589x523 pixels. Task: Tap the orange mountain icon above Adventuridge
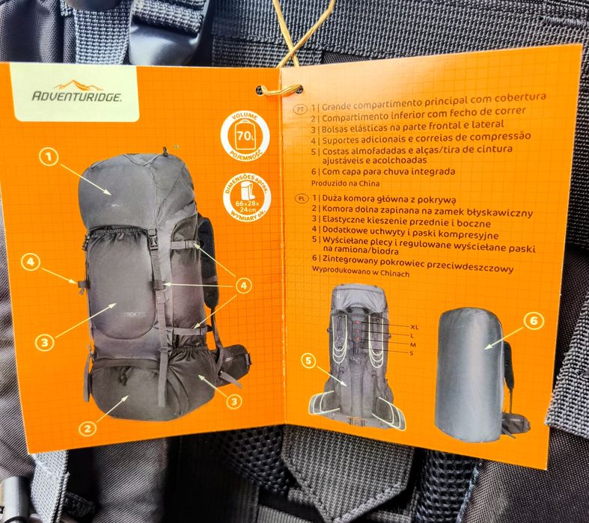point(79,85)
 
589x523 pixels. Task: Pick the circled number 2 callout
point(88,428)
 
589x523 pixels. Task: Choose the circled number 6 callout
point(533,322)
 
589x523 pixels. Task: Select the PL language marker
point(301,200)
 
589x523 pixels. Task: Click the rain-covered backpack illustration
point(472,373)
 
